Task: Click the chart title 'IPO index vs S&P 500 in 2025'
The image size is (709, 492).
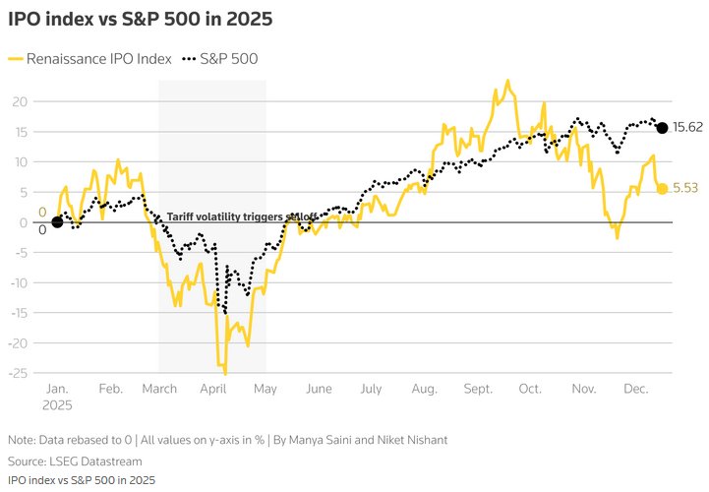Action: point(141,19)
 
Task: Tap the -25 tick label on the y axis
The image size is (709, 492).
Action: point(17,373)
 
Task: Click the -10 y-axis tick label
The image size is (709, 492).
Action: point(17,282)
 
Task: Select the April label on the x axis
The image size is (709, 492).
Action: point(212,389)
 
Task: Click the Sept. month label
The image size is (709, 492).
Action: point(478,389)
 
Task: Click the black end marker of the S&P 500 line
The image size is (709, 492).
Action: point(662,128)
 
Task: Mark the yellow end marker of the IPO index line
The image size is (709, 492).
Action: point(662,189)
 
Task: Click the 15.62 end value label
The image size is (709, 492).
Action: point(687,128)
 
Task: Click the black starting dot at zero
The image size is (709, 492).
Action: point(57,222)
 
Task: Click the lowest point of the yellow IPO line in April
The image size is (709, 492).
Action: point(225,374)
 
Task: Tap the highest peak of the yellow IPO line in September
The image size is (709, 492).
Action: point(507,81)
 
